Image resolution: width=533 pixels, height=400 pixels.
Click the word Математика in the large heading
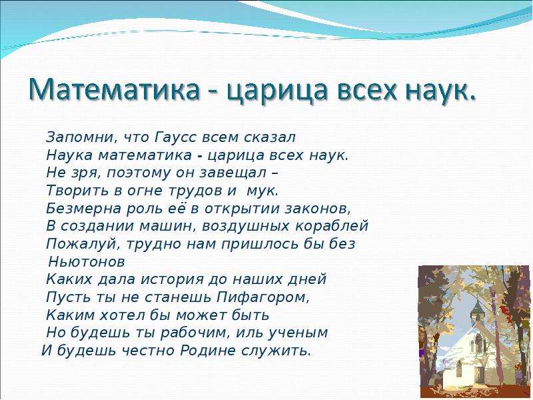coord(113,89)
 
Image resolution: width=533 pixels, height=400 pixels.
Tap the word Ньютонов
coord(87,262)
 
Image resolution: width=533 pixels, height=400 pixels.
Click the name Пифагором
coord(263,297)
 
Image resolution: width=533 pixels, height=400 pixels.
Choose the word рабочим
coord(193,333)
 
